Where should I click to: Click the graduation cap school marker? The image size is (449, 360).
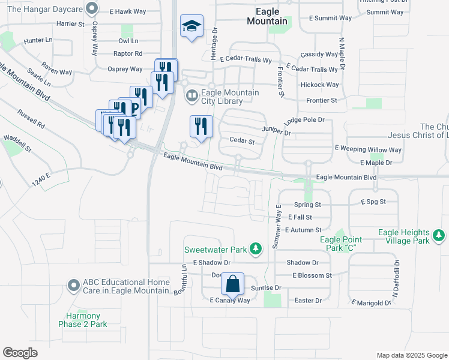[x=192, y=26]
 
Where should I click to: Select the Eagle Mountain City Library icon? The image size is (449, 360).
[x=191, y=95]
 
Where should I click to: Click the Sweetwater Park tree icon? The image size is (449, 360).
[x=256, y=248]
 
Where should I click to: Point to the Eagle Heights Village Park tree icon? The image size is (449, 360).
[x=439, y=235]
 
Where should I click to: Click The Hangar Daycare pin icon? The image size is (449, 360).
[x=91, y=8]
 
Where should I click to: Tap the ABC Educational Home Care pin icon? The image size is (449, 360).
[x=74, y=285]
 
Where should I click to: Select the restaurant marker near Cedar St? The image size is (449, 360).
[x=200, y=126]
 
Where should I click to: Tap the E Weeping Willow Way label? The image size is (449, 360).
[x=368, y=149]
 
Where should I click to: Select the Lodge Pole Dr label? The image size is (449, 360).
[x=304, y=120]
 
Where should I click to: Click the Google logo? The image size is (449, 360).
[x=20, y=353]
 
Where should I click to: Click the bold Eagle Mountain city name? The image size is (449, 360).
[x=267, y=16]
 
